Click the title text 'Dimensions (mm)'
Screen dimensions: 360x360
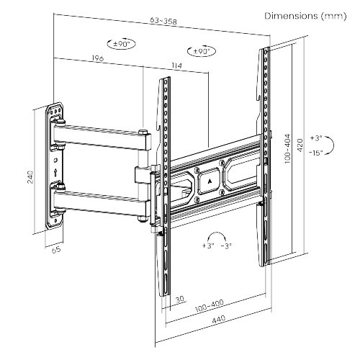[303, 15]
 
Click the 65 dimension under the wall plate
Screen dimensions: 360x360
[55, 251]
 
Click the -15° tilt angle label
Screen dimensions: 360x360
[315, 152]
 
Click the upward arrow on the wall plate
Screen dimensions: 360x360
[55, 172]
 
